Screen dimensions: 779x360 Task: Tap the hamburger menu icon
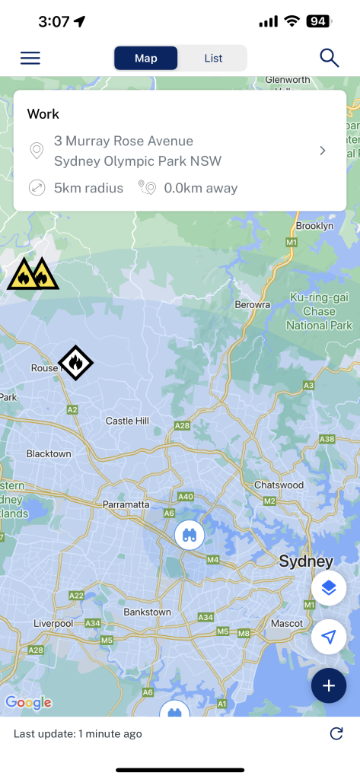tap(30, 58)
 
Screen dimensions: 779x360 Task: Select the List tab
tap(213, 58)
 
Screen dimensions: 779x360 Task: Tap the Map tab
tap(146, 58)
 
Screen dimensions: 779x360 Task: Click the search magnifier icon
tap(329, 58)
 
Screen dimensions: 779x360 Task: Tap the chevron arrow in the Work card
tap(323, 151)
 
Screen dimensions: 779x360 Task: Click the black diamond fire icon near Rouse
tap(75, 363)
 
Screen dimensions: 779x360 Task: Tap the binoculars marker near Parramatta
tap(189, 535)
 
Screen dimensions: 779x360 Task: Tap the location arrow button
tap(329, 638)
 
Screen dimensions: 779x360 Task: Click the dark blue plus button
tap(329, 685)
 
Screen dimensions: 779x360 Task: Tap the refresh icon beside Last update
tap(336, 733)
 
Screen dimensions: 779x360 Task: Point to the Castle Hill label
tap(127, 421)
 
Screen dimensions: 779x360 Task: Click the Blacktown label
tap(49, 453)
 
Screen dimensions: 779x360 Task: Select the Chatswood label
tap(279, 485)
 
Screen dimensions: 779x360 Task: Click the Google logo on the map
tap(28, 702)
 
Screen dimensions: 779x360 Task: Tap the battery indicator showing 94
tap(317, 21)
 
